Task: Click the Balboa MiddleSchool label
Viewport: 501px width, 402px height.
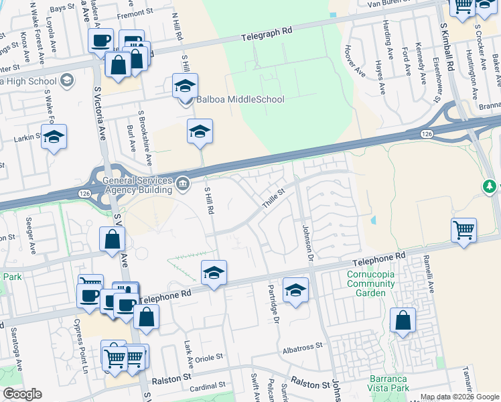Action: (240, 99)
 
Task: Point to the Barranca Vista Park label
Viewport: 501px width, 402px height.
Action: (388, 383)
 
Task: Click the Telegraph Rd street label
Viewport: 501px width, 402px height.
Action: (268, 31)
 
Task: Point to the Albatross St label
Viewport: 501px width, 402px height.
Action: (303, 346)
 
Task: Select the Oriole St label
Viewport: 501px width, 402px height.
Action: (208, 358)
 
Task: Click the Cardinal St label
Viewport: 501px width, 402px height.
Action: (207, 387)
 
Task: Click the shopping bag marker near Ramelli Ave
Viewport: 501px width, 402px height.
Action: (403, 321)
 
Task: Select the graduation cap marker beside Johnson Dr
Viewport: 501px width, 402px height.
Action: (295, 290)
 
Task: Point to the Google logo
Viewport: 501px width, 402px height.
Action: (22, 394)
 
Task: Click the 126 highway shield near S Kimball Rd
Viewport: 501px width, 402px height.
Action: (427, 134)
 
